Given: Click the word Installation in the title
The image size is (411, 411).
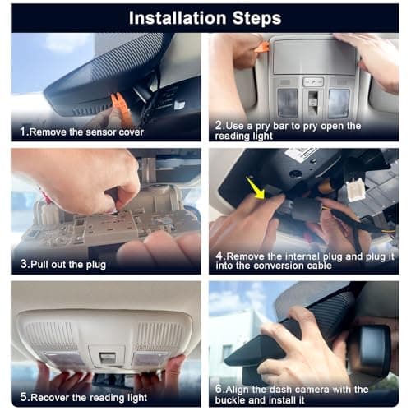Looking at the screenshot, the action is (178, 18).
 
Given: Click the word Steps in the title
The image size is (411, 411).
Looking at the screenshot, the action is (257, 18).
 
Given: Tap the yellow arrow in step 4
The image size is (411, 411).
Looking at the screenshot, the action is (256, 188).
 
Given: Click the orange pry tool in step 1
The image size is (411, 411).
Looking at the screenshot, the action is (122, 109).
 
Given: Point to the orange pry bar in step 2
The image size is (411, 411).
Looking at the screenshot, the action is (261, 47).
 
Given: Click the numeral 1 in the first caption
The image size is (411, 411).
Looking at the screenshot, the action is (23, 132).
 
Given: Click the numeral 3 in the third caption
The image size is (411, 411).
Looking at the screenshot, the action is (24, 264).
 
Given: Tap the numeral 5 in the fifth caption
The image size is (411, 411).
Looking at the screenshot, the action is (24, 397).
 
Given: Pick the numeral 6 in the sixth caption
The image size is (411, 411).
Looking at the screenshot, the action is (219, 389).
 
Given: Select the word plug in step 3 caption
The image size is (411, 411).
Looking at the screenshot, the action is (96, 266).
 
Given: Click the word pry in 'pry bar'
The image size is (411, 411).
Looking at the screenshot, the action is (263, 127).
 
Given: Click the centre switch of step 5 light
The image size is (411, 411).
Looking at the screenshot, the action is (107, 358).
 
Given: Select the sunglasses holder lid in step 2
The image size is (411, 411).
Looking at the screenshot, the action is (315, 57).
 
